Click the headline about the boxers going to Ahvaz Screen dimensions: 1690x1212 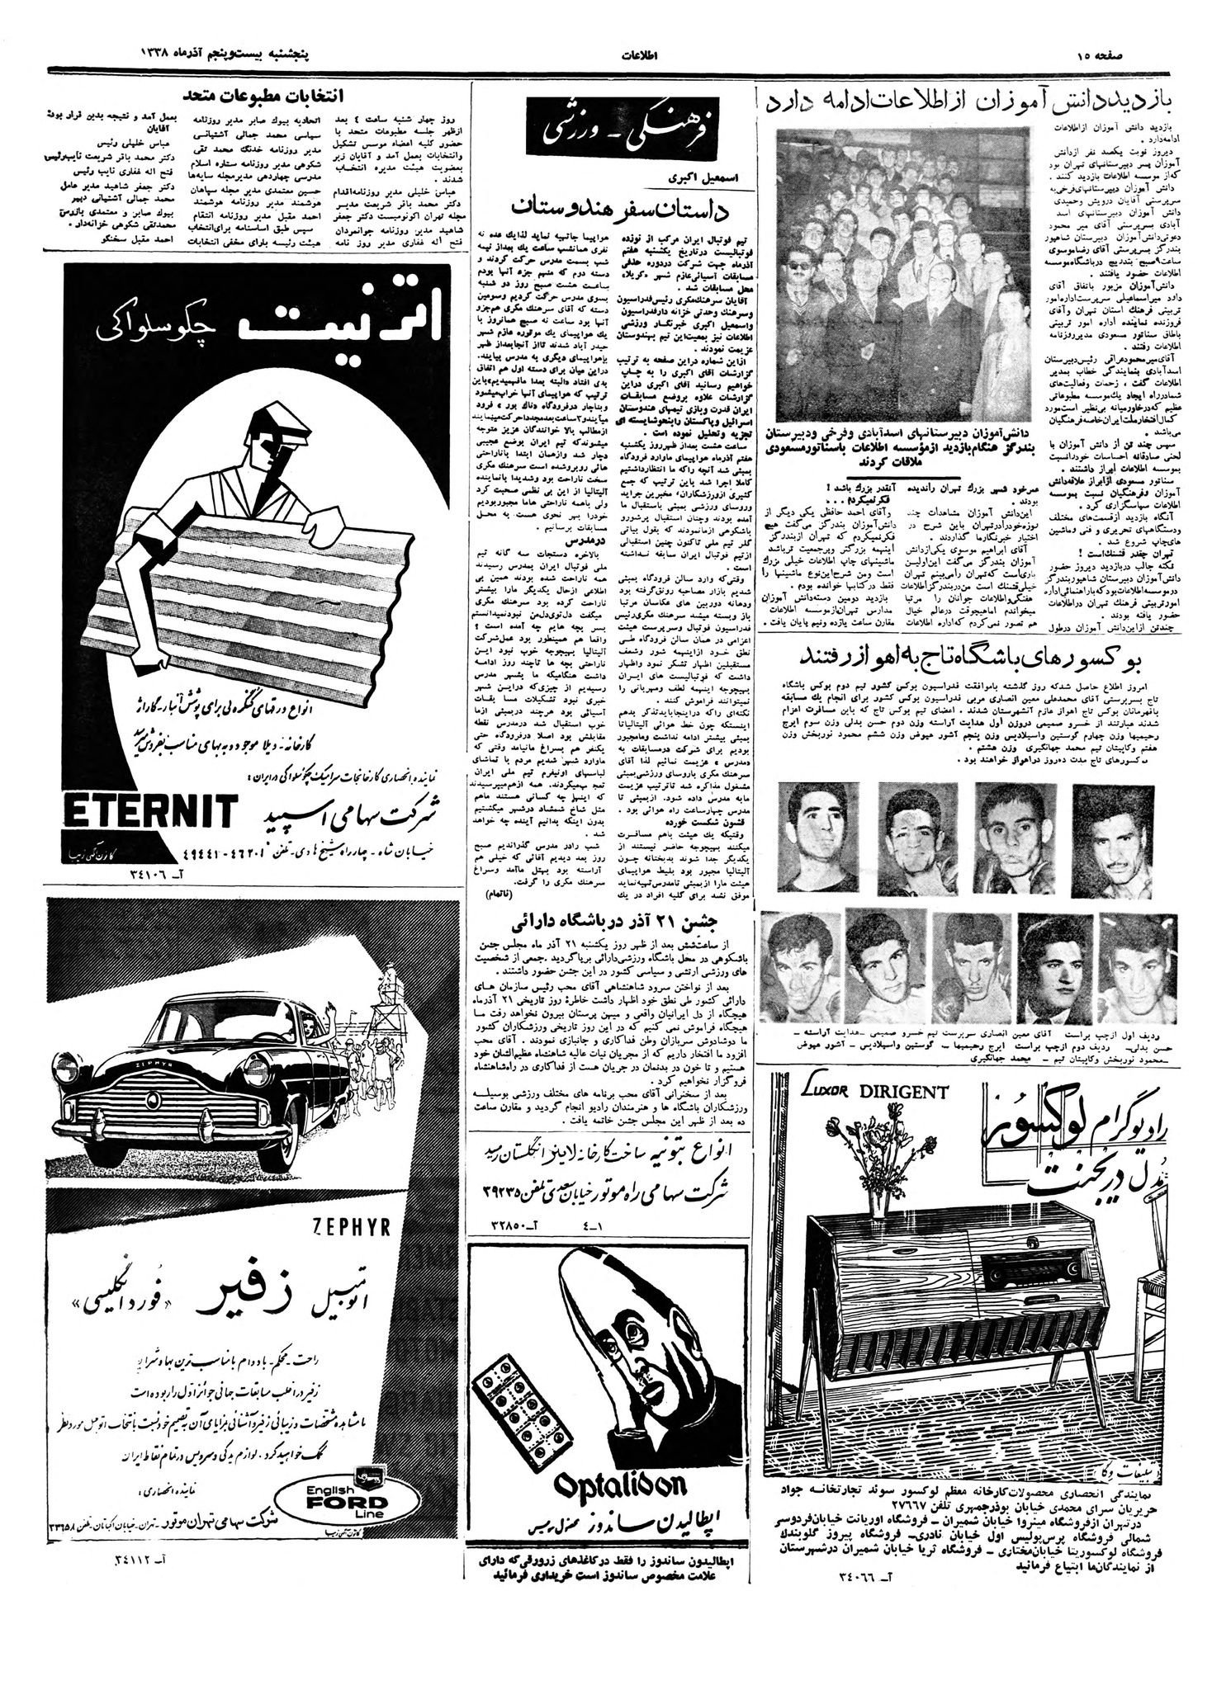click(976, 658)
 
